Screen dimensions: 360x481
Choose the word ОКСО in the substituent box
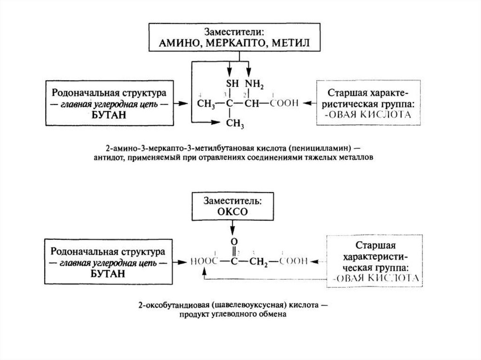click(x=232, y=211)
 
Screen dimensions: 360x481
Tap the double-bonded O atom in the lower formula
click(x=232, y=243)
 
